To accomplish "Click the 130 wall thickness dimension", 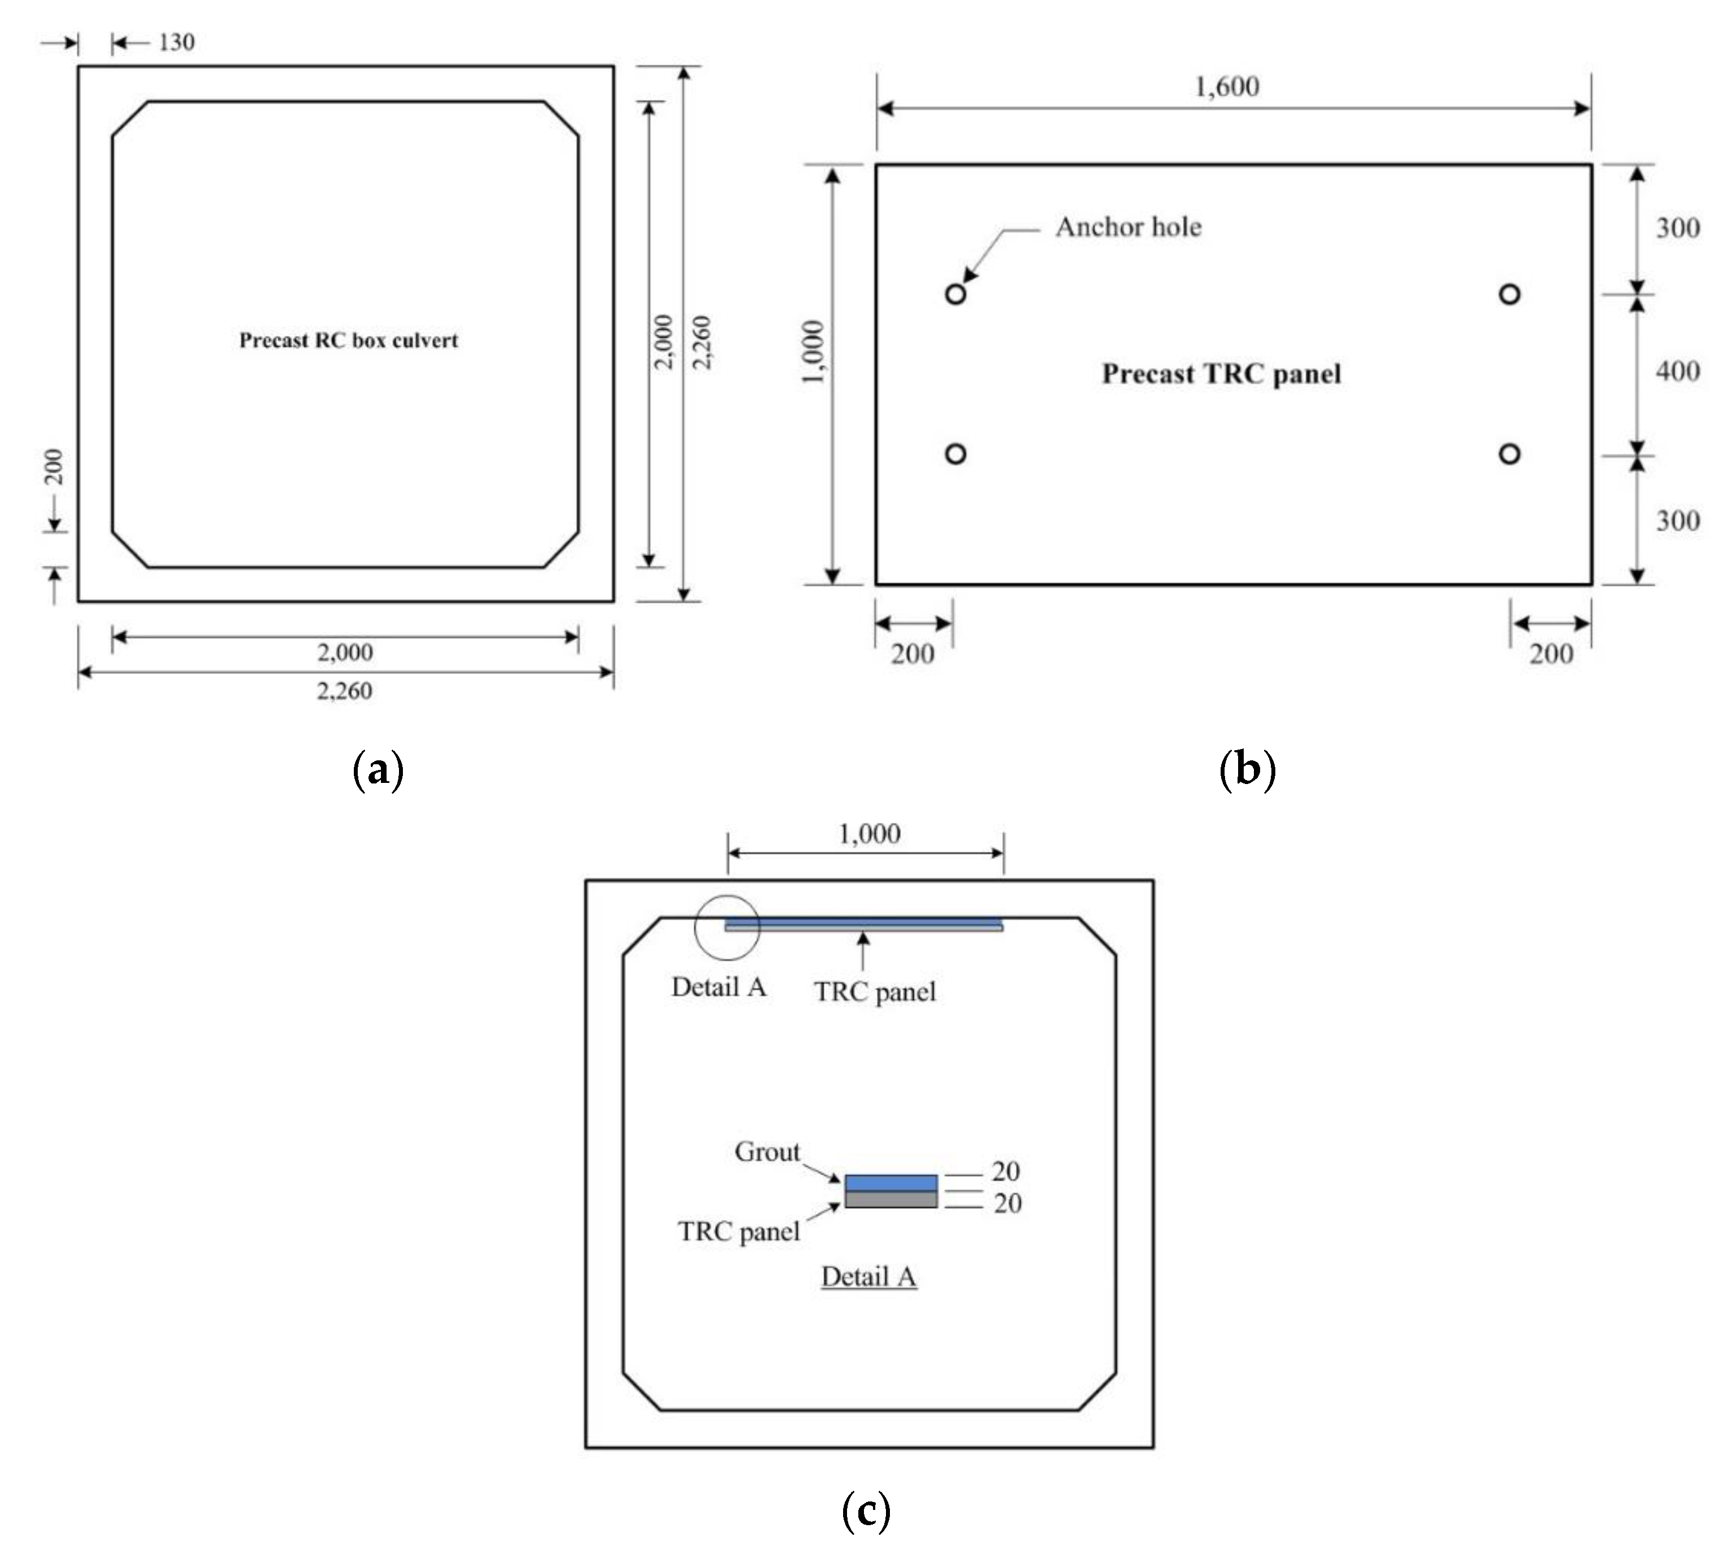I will pos(176,42).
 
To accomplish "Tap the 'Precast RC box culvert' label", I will pos(348,341).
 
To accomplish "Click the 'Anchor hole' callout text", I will pos(1129,227).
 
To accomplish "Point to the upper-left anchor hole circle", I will pos(955,294).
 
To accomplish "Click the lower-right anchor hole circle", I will pos(1509,454).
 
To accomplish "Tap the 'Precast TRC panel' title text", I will pos(1221,374).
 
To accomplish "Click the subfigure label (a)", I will pos(378,769).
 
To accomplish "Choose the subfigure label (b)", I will pos(1248,769).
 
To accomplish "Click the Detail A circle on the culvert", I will pos(726,927).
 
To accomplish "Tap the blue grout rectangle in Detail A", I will pos(891,1183).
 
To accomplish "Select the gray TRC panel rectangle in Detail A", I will pos(891,1199).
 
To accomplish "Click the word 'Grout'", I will pos(767,1152).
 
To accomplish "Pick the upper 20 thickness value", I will pos(1006,1172).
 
